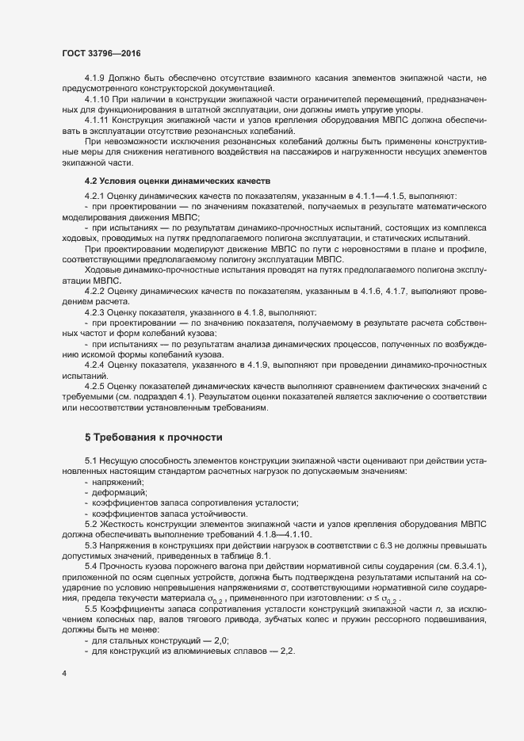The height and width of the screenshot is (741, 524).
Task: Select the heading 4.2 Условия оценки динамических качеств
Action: pos(178,181)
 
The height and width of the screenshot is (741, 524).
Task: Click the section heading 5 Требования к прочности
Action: pos(154,437)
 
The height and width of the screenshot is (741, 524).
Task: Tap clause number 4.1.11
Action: pos(98,120)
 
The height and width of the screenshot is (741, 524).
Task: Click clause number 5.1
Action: pos(90,461)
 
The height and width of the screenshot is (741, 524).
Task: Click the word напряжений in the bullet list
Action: pos(119,482)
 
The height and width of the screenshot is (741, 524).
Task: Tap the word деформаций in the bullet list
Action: pos(119,492)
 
